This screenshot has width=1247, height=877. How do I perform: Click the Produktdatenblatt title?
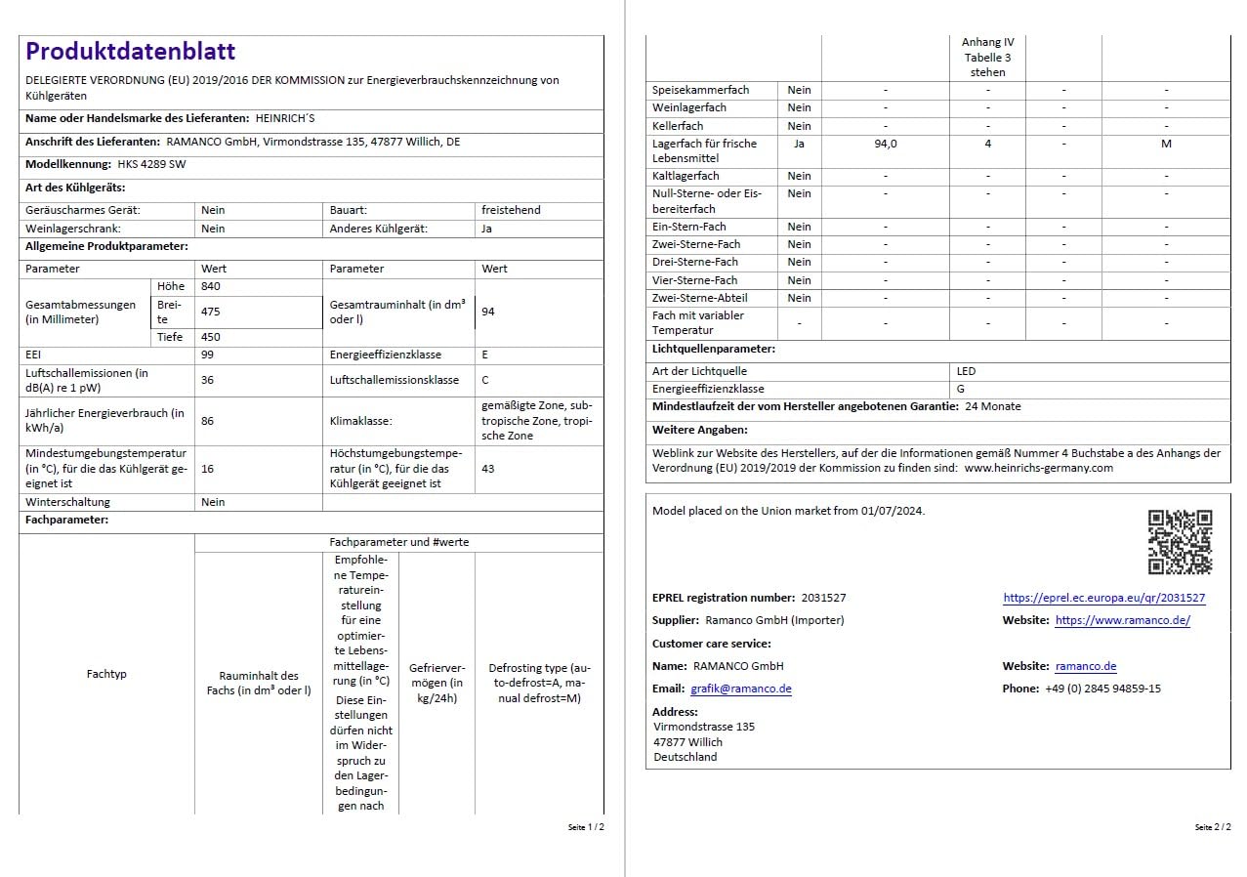coord(130,52)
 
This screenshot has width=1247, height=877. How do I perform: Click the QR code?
coord(1180,542)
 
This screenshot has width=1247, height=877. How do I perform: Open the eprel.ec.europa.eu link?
coord(1103,598)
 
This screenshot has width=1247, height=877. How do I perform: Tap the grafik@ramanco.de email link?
coord(740,689)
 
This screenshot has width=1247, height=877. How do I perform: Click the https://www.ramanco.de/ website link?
coord(1122,620)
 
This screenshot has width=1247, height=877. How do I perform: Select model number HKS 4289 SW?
coord(151,164)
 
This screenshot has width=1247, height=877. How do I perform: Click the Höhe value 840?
coord(211,286)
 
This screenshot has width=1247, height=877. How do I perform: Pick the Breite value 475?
coord(212,312)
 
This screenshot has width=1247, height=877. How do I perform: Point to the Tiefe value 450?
coord(212,337)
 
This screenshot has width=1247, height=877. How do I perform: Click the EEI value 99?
coord(207,355)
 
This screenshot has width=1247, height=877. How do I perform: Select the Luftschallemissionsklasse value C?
coord(485,380)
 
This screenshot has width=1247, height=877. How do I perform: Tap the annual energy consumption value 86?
coord(207,421)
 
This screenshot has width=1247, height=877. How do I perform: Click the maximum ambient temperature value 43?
coord(487,469)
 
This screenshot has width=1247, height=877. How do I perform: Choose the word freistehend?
coord(510,210)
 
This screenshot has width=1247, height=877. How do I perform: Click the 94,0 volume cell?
coord(885,144)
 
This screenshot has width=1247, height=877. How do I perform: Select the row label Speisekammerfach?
coord(700,90)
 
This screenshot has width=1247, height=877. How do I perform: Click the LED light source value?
coord(966,371)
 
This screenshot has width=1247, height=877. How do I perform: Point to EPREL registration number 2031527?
coord(822,598)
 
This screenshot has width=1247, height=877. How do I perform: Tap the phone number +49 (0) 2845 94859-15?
coord(1102,689)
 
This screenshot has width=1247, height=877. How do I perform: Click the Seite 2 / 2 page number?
coord(1212,827)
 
